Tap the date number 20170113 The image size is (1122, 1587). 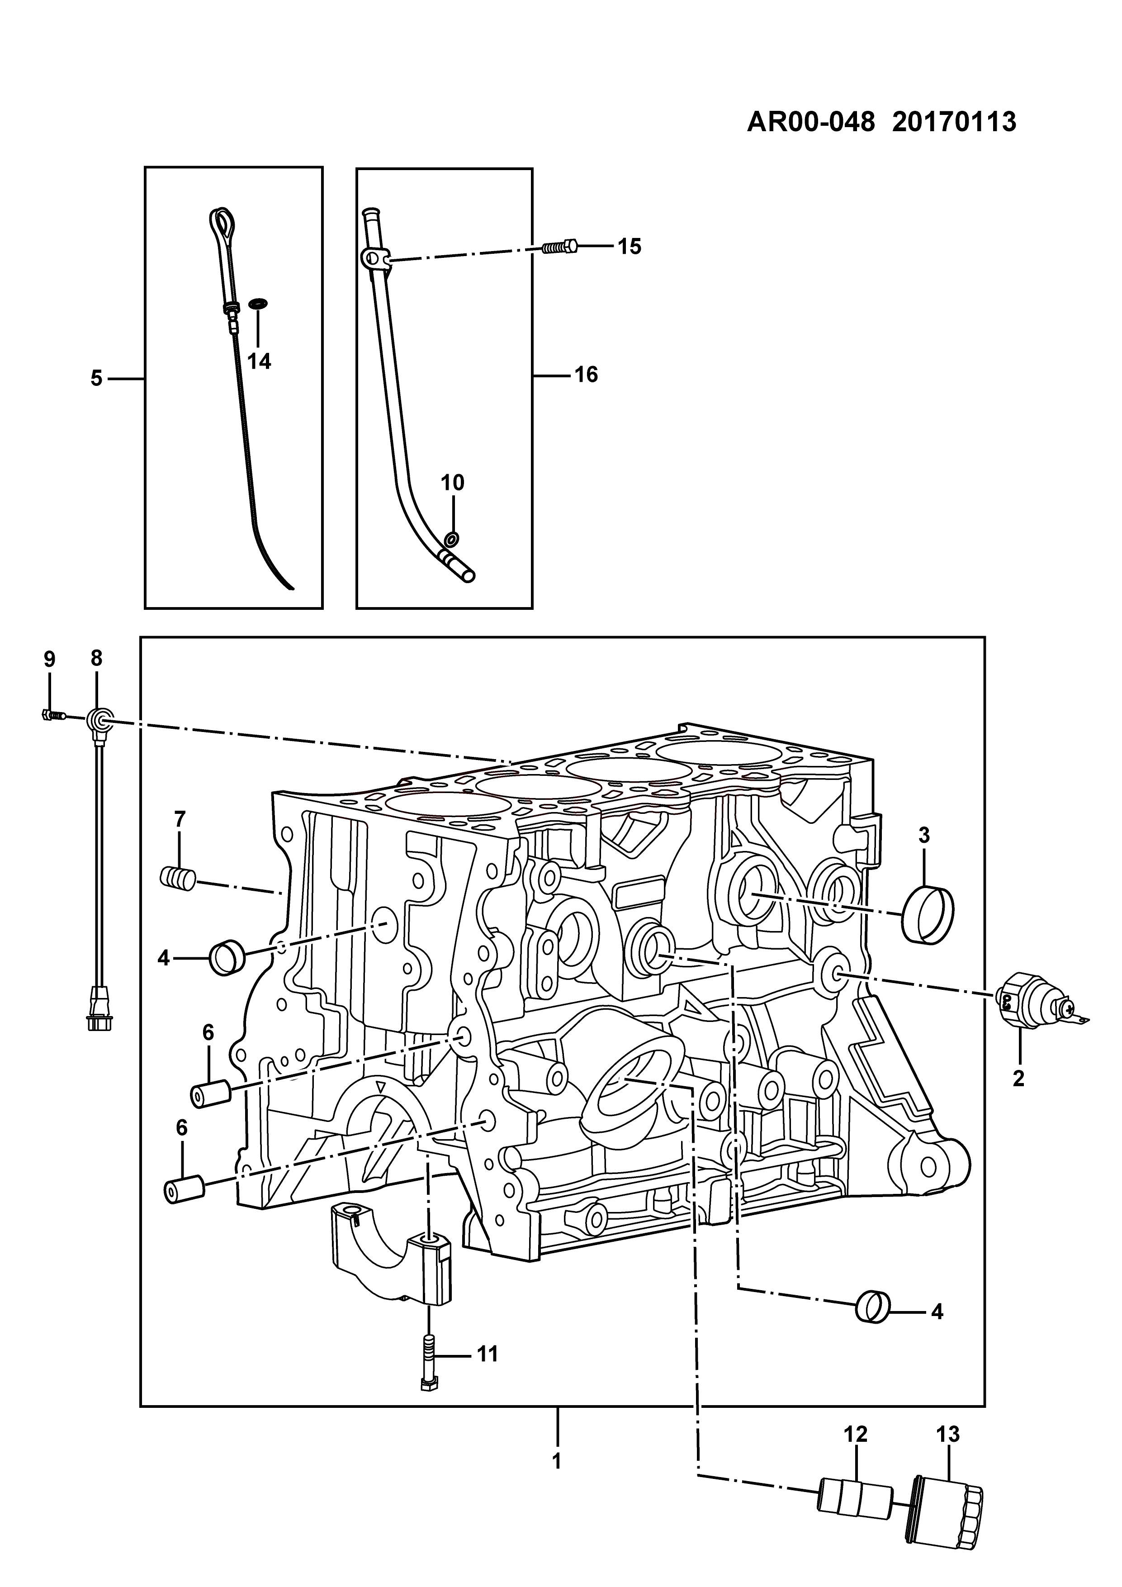[x=954, y=122]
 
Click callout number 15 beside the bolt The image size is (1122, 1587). [x=630, y=247]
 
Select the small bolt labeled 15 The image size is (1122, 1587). [x=559, y=246]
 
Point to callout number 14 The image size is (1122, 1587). [x=260, y=361]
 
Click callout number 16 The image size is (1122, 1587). [x=586, y=375]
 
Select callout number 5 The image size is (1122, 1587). [x=96, y=378]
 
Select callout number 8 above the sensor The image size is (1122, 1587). [x=96, y=658]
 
